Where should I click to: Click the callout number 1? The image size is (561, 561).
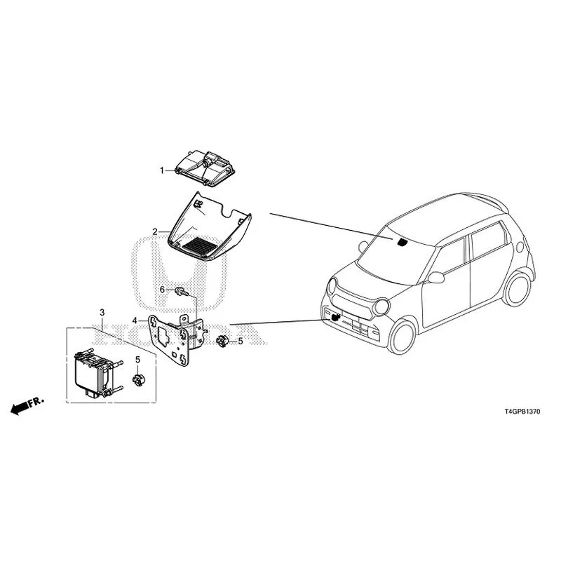tap(162, 170)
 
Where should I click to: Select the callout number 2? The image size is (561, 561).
tap(155, 232)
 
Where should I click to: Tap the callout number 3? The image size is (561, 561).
tap(102, 312)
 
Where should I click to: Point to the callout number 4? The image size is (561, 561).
tap(135, 320)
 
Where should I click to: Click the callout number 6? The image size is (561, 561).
tap(162, 290)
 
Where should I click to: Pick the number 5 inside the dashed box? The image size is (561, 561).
tap(137, 360)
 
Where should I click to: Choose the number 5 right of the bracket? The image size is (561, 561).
tap(241, 341)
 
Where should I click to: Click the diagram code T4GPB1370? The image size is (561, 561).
tap(522, 412)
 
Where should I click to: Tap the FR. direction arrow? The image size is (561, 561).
tap(27, 405)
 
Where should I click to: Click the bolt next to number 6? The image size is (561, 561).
tap(182, 292)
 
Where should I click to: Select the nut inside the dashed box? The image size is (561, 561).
tap(137, 379)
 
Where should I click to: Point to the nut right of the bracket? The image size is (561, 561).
tap(222, 341)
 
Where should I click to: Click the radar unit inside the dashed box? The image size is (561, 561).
tap(97, 374)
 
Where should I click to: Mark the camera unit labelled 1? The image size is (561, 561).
tap(204, 168)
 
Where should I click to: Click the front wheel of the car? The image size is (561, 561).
tap(402, 337)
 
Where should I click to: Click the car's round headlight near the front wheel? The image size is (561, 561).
tap(381, 307)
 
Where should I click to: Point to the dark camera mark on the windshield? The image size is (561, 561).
tap(403, 242)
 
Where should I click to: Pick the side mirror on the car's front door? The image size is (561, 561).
tap(436, 277)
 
